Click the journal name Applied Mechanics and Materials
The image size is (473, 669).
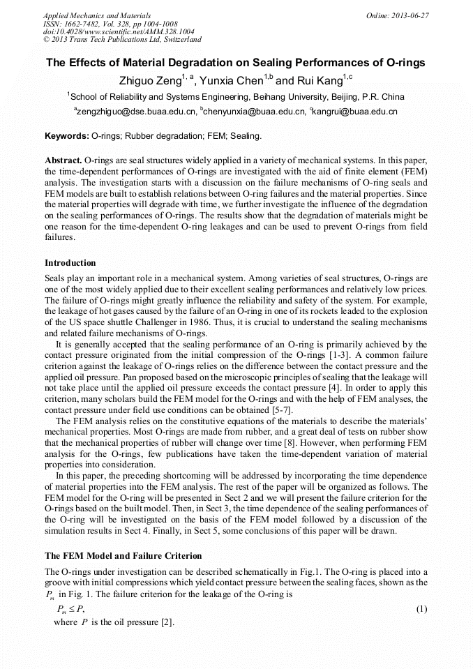96,15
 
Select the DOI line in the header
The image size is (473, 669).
118,31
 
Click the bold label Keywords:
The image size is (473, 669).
66,135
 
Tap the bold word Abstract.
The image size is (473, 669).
63,159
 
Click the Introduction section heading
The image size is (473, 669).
70,262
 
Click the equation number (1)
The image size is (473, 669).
421,608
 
